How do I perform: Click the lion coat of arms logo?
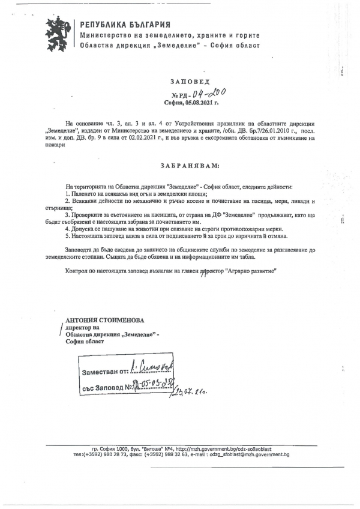tap(61, 34)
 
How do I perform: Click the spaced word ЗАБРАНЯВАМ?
tap(190, 164)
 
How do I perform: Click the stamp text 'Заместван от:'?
tap(106, 373)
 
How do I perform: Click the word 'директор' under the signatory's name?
tap(79, 328)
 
